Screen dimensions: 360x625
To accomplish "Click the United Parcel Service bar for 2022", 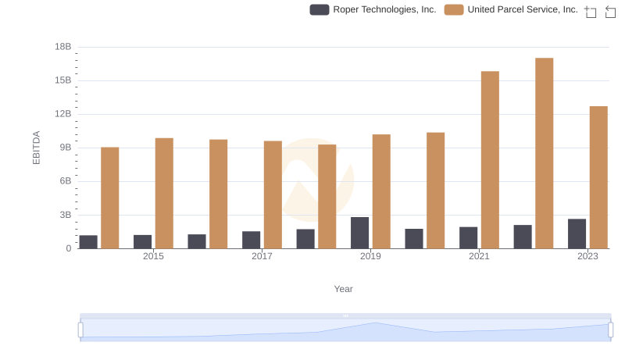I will coord(545,153).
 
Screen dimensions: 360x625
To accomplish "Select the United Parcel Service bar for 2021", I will coord(490,160).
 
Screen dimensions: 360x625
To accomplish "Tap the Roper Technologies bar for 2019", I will coord(359,233).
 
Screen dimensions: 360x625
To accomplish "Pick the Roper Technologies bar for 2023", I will coord(577,233).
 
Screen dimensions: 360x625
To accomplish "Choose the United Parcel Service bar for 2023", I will coord(598,177).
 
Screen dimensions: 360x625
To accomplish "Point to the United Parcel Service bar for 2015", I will coord(164,194).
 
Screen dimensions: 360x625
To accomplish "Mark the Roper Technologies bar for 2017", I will coord(251,240).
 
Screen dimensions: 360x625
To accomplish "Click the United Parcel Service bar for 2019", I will coord(381,191).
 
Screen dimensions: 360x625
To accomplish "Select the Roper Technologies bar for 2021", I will coord(468,237).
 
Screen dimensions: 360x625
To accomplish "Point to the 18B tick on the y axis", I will coord(62,47).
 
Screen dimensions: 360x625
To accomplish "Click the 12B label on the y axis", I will coord(62,114).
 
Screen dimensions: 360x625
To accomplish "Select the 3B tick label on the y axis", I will coord(65,215).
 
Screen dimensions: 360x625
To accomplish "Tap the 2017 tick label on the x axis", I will coord(262,257).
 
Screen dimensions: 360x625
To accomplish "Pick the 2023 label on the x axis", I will coord(587,257).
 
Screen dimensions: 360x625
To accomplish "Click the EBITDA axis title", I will coord(36,148).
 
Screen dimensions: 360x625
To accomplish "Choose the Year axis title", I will coord(344,289).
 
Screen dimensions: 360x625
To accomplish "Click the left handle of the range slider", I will coord(80,330).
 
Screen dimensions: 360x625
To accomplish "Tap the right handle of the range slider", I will coord(610,330).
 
